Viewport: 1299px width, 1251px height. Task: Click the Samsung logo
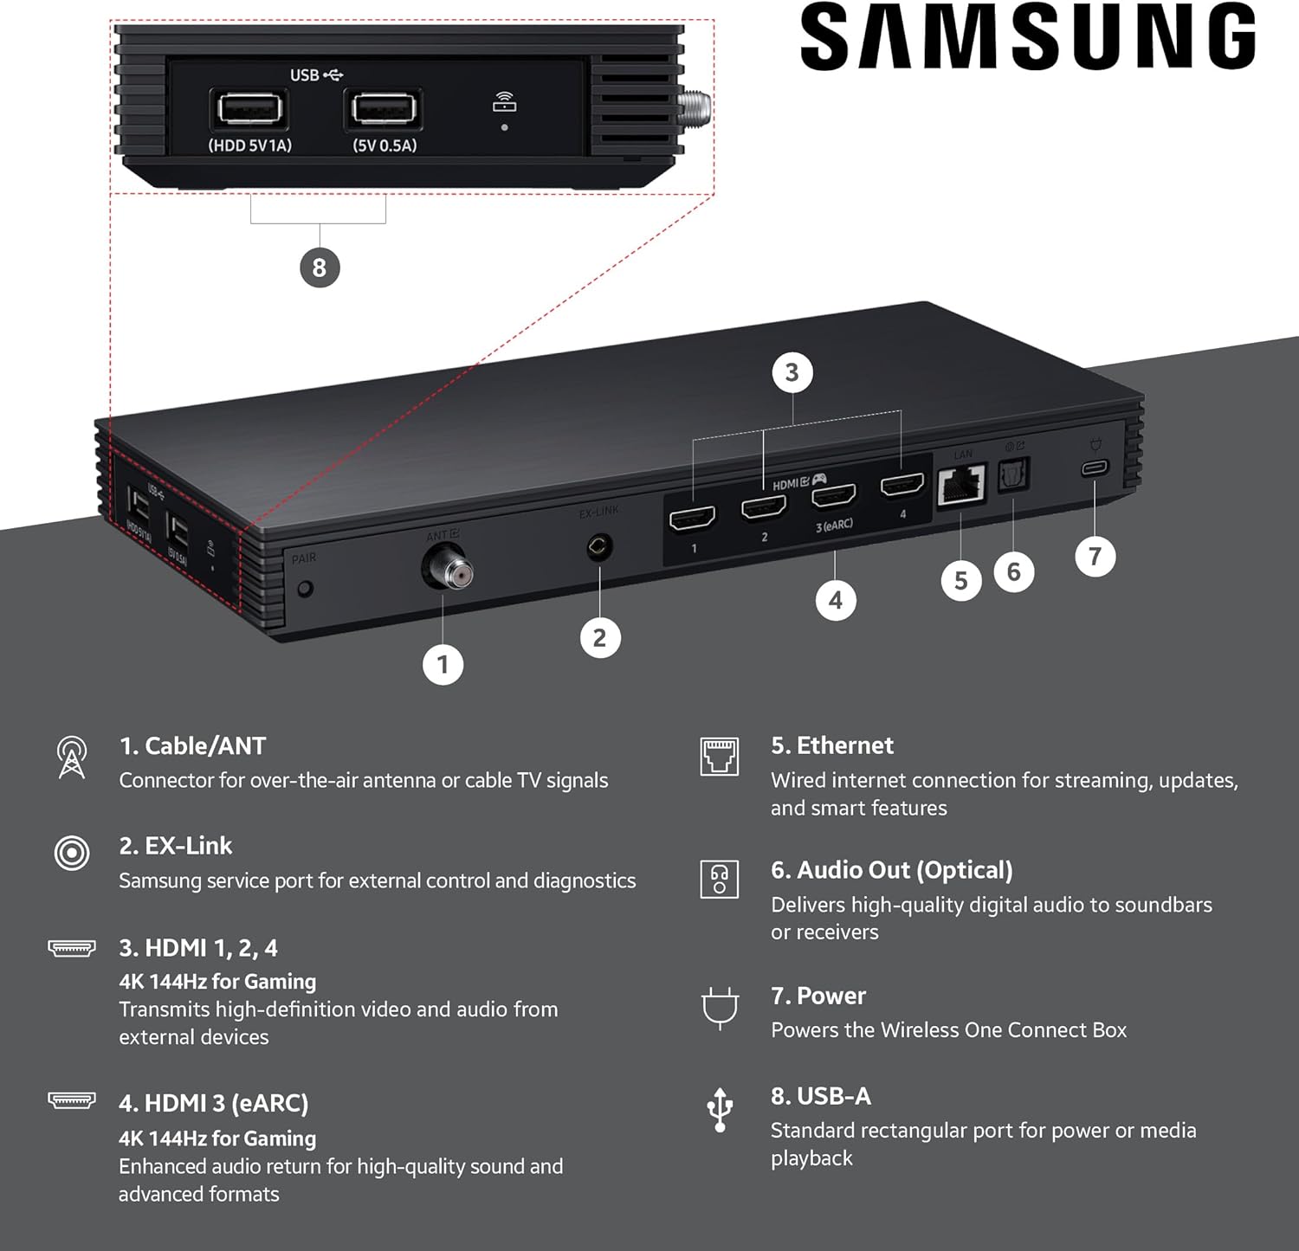(1028, 36)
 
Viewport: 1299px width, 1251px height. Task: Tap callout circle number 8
(320, 268)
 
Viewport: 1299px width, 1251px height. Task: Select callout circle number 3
(792, 373)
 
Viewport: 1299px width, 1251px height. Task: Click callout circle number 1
(443, 665)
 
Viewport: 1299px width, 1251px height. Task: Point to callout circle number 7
(1095, 557)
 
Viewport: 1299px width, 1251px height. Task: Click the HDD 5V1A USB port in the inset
(249, 110)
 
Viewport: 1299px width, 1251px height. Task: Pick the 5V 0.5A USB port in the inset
(384, 110)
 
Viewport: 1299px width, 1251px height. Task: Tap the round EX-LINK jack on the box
(599, 546)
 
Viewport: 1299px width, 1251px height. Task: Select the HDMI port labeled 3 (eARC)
(834, 495)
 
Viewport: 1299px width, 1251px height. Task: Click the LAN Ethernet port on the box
(961, 485)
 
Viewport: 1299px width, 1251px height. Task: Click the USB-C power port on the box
(1095, 468)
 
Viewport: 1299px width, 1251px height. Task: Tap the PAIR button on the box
(305, 589)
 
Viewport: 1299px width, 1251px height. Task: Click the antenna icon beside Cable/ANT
(72, 758)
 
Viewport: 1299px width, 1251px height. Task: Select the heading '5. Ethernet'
(832, 745)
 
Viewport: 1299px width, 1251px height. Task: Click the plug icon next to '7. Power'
(720, 1008)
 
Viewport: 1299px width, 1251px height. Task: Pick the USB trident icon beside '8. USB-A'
(720, 1110)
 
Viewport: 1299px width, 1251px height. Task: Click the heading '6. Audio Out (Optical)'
(891, 870)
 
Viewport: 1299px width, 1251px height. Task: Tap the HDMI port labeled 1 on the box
(693, 519)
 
